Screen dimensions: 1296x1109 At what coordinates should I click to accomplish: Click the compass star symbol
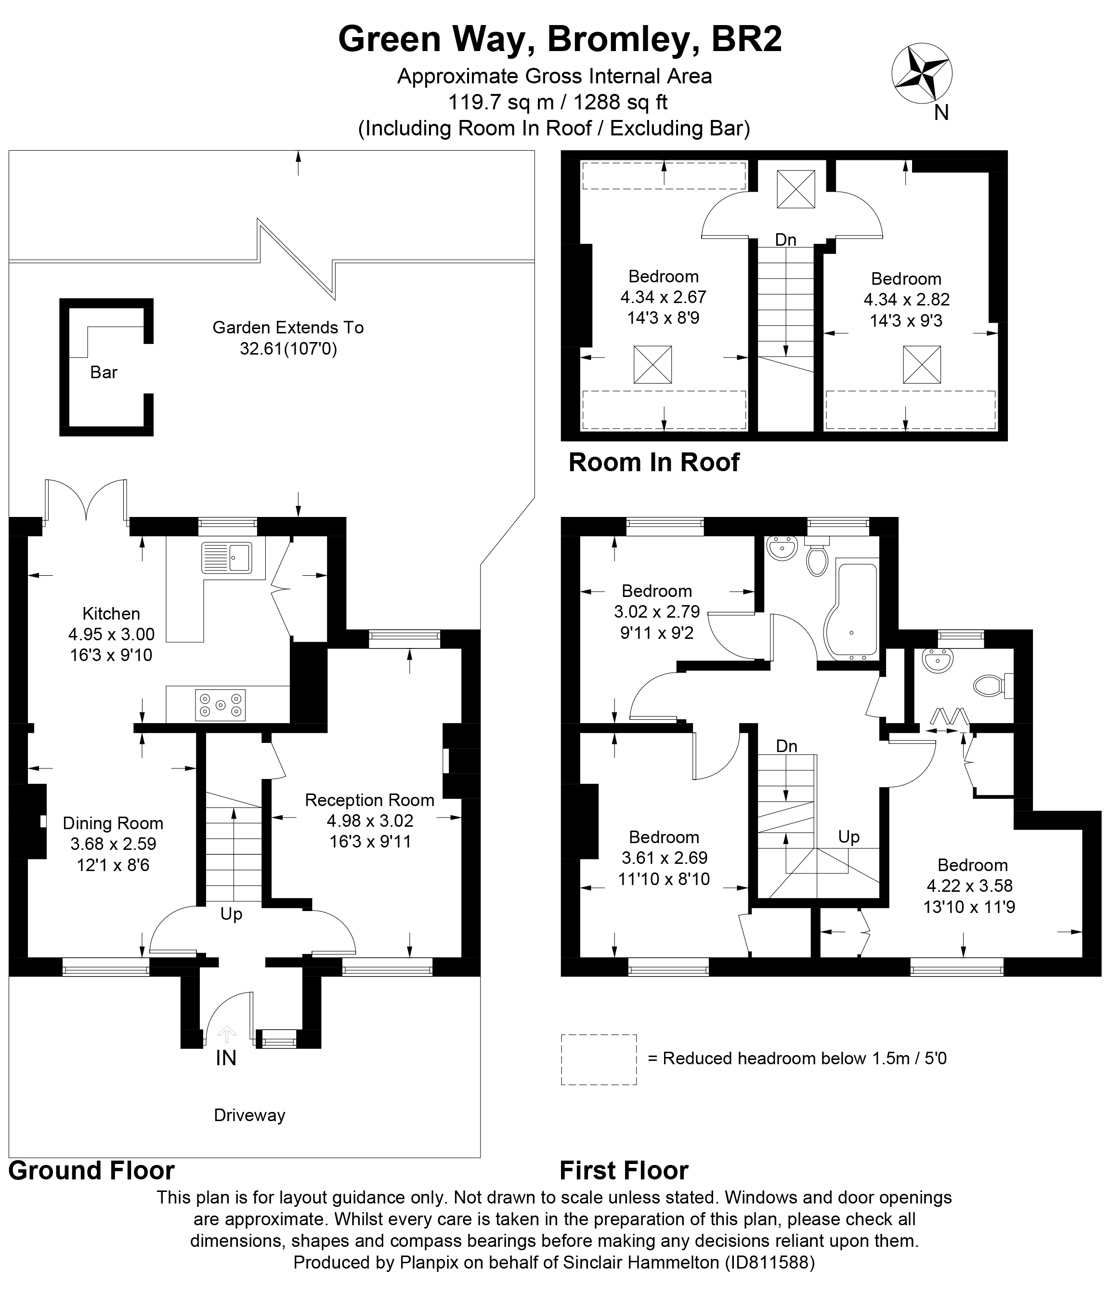point(922,73)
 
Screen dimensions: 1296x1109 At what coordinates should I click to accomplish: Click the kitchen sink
point(227,557)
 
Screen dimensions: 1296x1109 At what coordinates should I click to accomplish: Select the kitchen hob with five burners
point(220,704)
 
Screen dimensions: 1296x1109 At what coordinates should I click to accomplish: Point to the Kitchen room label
point(111,614)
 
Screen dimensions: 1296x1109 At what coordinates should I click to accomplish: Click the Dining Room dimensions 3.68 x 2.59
point(113,844)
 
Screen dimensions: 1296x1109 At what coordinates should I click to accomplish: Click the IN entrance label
point(226,1058)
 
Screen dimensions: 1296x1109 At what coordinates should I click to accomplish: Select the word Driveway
point(249,1115)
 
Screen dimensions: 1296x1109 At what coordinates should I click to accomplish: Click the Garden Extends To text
point(287,327)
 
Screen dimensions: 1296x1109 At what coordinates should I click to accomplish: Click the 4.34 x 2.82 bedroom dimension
point(906,300)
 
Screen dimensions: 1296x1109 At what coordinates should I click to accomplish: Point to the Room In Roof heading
point(654,462)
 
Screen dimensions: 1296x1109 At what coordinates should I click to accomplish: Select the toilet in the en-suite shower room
point(992,686)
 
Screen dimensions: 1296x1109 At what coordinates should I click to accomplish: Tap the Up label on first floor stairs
point(848,837)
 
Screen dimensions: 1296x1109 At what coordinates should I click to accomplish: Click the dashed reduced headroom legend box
point(598,1059)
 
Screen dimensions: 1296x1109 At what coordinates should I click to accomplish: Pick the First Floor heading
point(623,1170)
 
